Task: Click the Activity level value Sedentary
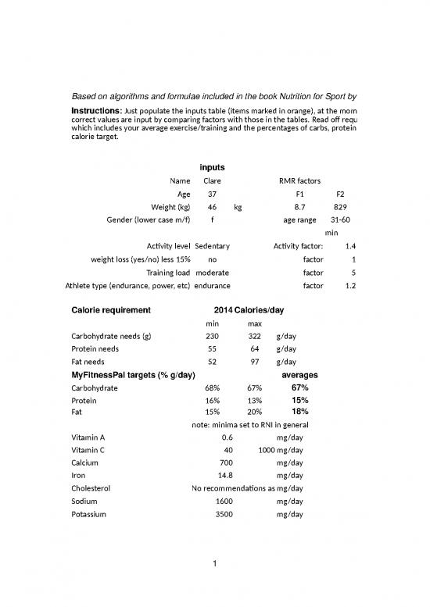point(211,247)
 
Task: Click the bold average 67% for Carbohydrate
point(299,387)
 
